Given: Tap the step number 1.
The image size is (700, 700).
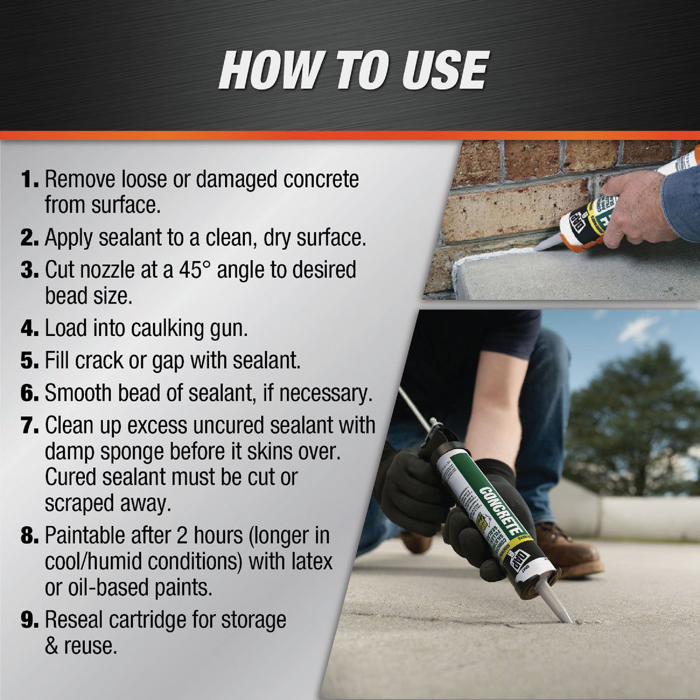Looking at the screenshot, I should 29,180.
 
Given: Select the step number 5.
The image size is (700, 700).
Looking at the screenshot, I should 29,360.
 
